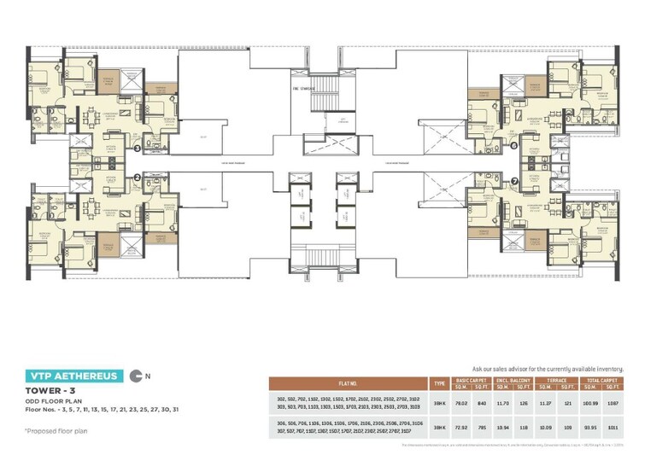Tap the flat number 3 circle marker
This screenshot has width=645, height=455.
[138, 148]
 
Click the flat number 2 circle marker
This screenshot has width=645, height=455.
[137, 178]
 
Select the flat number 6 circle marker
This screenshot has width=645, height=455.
[514, 145]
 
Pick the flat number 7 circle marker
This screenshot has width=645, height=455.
[514, 181]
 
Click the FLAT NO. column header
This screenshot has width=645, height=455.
[349, 383]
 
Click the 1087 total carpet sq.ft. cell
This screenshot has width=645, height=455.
[613, 400]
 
